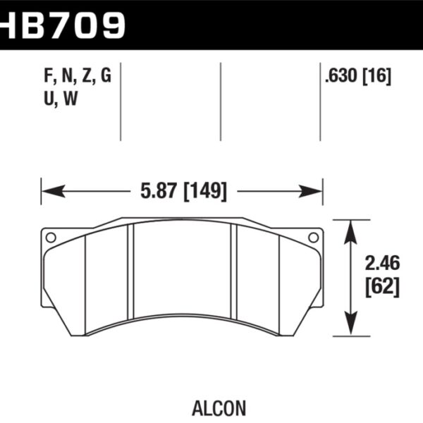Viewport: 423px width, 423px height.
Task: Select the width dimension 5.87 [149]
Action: pos(182,191)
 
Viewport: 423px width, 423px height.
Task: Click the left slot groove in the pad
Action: pos(130,275)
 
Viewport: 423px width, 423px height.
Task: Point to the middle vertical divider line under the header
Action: pos(221,102)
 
